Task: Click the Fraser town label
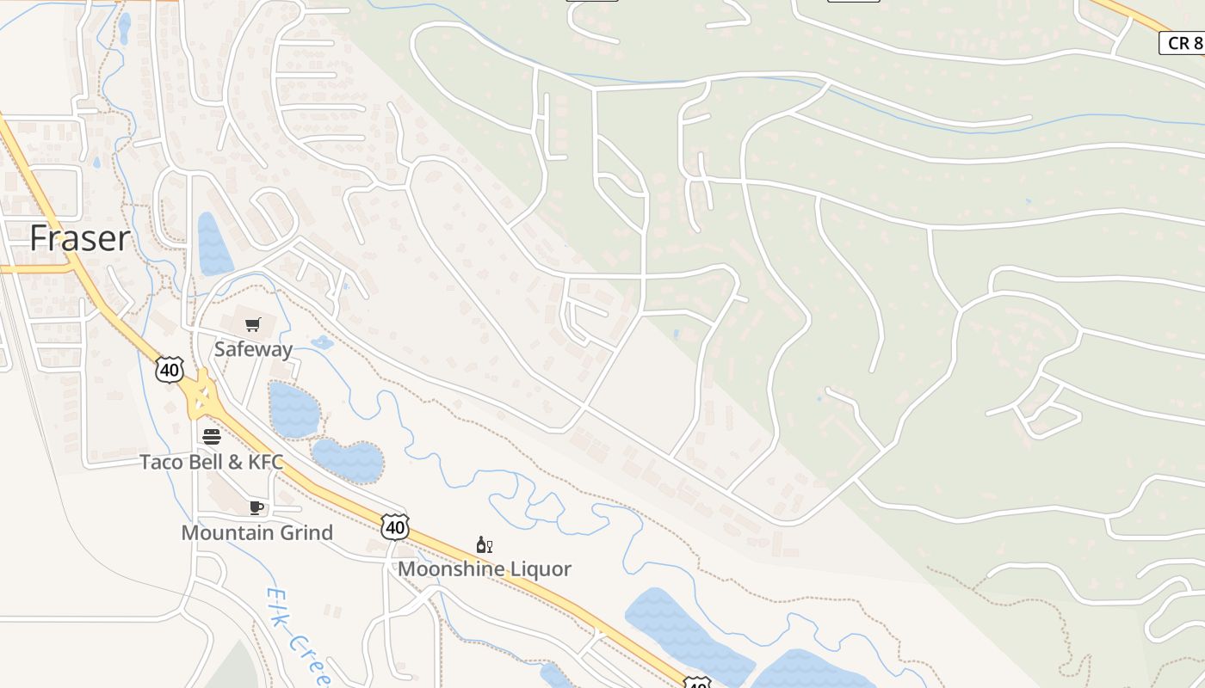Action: [80, 238]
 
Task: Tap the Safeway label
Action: [253, 349]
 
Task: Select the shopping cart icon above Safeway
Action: [252, 325]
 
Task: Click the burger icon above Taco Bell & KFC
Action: [212, 437]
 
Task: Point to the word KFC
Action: [265, 462]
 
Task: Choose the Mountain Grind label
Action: [256, 532]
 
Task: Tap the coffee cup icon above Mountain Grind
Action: [256, 507]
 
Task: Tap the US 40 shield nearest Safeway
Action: [170, 370]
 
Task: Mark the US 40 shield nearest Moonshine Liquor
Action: [395, 526]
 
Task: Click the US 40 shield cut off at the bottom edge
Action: [697, 683]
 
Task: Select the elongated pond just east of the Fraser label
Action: [213, 244]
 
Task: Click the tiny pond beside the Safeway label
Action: [322, 342]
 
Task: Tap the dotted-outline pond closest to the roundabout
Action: [294, 410]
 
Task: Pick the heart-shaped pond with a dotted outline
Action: [348, 461]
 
